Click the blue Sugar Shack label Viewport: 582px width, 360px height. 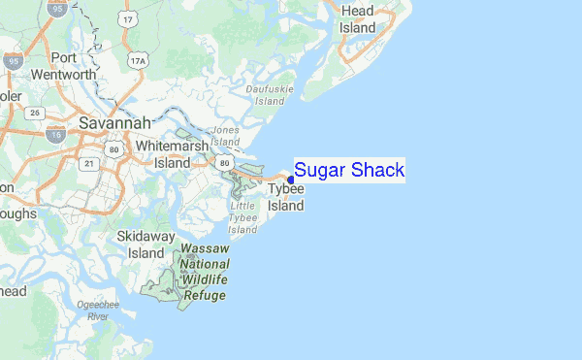(349, 171)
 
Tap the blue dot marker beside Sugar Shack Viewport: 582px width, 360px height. (291, 180)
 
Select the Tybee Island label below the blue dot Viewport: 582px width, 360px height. (286, 198)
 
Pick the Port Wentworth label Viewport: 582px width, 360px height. (64, 65)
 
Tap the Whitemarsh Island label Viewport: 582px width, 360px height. (173, 153)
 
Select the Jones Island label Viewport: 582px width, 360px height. (225, 135)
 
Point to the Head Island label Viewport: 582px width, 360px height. (358, 19)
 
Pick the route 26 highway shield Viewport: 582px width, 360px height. (34, 113)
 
